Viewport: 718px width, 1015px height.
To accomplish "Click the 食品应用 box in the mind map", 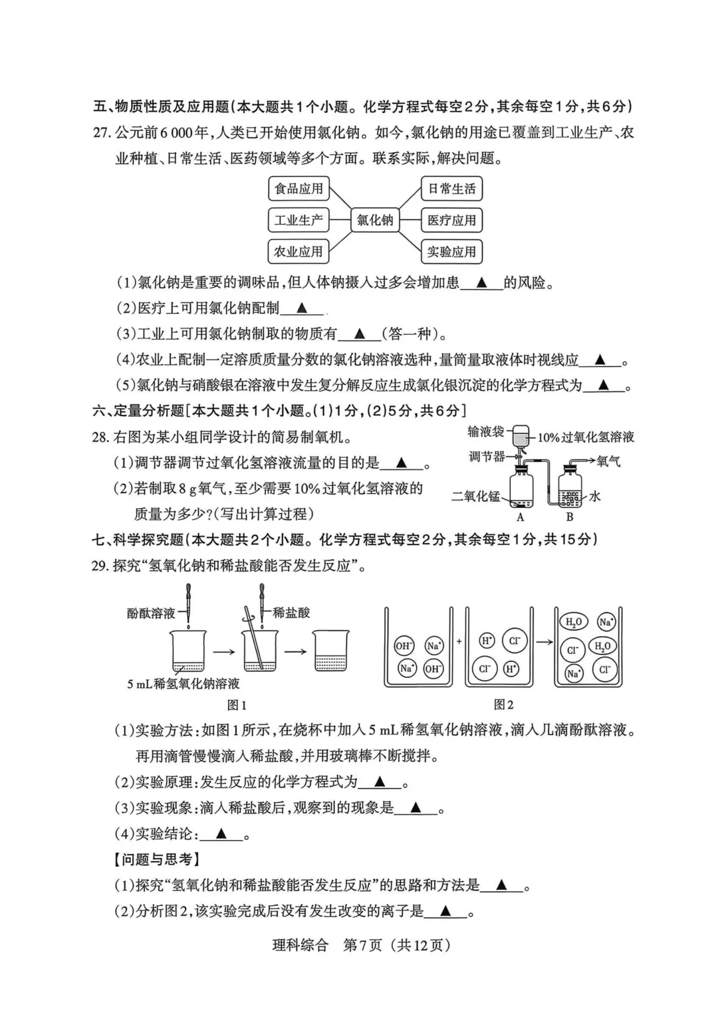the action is [x=299, y=189].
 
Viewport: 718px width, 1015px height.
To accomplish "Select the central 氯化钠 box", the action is [x=375, y=220].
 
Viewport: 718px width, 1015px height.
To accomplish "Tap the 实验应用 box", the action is [x=451, y=252].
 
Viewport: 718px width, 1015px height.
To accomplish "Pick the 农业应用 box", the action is [x=299, y=252].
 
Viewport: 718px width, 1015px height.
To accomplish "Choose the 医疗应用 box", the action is [x=451, y=220].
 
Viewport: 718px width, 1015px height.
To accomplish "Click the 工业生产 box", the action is [x=299, y=220].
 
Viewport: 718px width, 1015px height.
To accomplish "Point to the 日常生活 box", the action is [x=451, y=189].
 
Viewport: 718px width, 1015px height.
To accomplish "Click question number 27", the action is [x=101, y=132].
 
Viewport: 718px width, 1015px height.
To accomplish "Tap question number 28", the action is [x=101, y=437].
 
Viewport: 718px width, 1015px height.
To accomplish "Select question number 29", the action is [x=101, y=566].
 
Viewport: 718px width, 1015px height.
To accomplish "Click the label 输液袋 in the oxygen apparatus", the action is [x=485, y=432].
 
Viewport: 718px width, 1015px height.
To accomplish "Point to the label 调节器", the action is [x=487, y=457].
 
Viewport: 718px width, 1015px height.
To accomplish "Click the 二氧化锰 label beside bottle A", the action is [x=475, y=496].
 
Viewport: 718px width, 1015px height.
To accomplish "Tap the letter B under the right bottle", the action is [x=570, y=517].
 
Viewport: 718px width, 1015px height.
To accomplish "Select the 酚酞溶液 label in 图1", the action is [x=151, y=613].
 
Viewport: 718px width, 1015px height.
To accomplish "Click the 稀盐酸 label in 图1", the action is [x=291, y=613].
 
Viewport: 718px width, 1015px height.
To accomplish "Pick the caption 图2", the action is [x=504, y=705].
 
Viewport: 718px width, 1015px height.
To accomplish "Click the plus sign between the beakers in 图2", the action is [x=459, y=642].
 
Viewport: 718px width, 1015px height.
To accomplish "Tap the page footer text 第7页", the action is [x=362, y=945].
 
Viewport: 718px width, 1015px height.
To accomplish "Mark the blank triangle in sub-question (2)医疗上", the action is [x=301, y=308].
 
